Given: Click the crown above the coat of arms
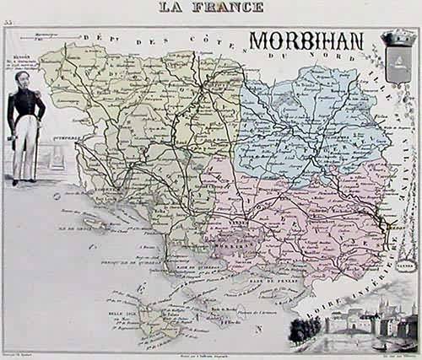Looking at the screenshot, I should point(396,36).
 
